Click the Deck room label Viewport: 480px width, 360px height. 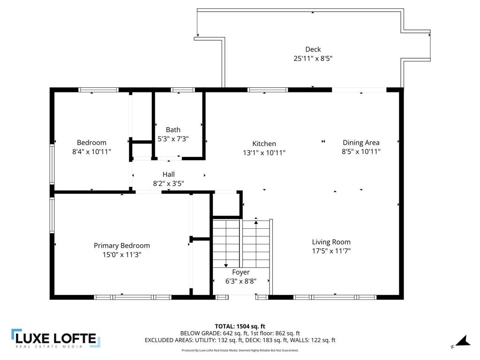[x=313, y=49]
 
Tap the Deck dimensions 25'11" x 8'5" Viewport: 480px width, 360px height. [x=313, y=59]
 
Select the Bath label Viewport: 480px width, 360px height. [x=173, y=130]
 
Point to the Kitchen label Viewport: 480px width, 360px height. [x=264, y=144]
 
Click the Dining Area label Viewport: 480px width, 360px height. [x=361, y=142]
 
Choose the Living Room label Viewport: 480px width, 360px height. [x=331, y=242]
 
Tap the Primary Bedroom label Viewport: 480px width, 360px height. [x=122, y=246]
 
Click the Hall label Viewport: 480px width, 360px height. [x=168, y=174]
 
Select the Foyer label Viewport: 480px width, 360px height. [x=241, y=272]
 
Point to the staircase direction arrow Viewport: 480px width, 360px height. [x=226, y=265]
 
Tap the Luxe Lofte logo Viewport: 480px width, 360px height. [x=55, y=338]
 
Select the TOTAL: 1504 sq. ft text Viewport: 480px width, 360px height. [x=240, y=326]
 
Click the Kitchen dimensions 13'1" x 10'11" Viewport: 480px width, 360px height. [x=264, y=153]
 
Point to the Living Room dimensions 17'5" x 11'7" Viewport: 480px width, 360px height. [x=331, y=251]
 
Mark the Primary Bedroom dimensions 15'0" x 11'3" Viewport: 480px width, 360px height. [x=122, y=255]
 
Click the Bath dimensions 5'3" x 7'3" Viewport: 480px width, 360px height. [x=173, y=139]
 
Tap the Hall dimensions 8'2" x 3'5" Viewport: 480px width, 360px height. [x=168, y=183]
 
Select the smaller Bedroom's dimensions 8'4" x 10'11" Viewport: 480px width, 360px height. [x=91, y=151]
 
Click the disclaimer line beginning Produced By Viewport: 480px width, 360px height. [x=240, y=350]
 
